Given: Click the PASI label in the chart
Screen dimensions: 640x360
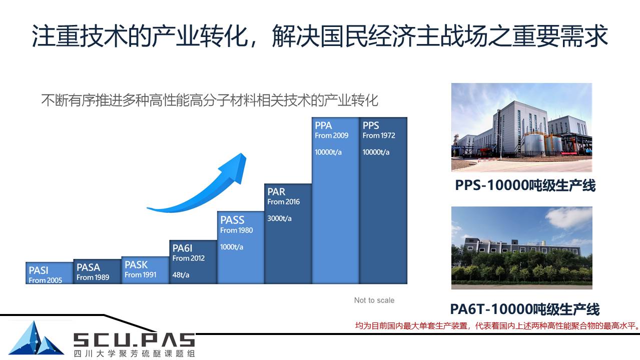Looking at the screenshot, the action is coord(39,270).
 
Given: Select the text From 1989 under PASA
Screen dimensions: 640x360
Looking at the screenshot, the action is coord(93,277).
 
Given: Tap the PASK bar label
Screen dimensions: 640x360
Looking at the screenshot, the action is coord(136,264).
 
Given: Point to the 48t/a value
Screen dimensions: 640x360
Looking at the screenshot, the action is coord(181,274).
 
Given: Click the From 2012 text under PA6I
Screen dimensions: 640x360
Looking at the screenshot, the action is coord(189,258).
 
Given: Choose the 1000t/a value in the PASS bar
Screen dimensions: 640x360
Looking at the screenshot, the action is coord(232,246).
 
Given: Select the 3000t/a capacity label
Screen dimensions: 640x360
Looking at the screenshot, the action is coord(279,218).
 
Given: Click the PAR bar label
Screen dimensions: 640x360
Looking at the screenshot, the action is coord(276,191).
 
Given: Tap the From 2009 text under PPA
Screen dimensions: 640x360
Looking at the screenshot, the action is coord(331,135).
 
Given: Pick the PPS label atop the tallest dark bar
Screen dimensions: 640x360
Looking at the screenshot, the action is coord(371,125).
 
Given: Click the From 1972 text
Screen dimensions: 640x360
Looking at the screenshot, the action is coord(379,135).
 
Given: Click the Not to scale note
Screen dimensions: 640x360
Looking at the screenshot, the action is coord(374,300).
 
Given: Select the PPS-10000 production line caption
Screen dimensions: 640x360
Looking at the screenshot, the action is coord(525,185).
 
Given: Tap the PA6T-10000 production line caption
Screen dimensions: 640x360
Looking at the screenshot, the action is coord(524,309).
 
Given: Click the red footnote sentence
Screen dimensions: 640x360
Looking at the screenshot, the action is coord(497,325).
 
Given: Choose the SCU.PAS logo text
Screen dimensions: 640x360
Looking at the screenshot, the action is coord(134,339).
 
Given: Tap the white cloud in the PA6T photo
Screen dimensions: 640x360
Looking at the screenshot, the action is coord(568,217).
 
